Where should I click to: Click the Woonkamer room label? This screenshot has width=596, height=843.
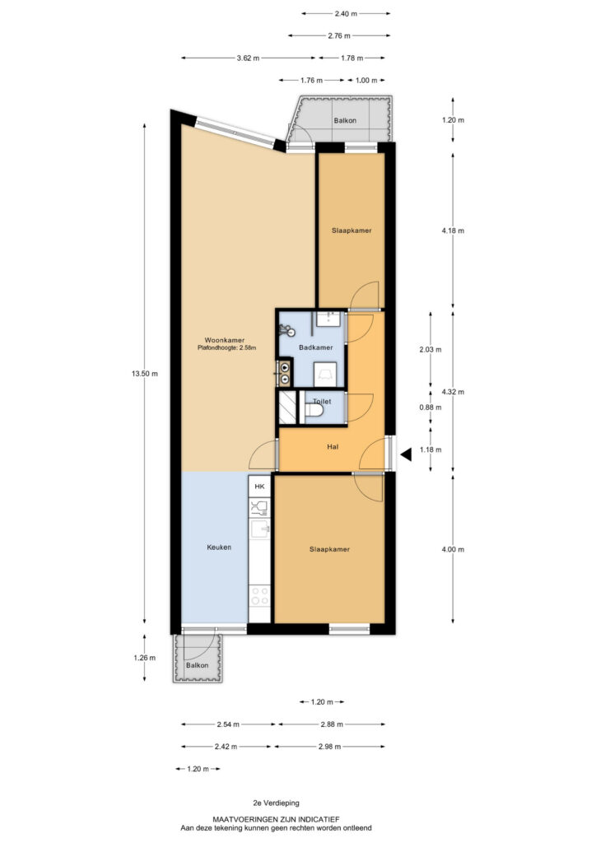coord(225,340)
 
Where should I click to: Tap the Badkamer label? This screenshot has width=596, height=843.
coord(316,348)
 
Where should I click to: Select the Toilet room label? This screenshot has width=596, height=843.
coord(322,402)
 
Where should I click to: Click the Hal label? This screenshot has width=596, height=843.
coord(333,447)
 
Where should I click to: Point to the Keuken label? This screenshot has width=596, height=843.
coord(219,547)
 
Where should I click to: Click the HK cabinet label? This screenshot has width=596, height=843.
coord(259,487)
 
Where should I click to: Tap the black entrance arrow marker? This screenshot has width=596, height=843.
coord(406,454)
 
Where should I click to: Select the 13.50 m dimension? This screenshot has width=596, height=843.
coord(145,374)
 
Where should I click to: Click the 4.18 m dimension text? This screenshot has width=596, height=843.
coord(453,231)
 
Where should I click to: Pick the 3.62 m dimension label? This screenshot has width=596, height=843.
coord(248,58)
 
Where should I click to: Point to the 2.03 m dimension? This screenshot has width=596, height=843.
coord(431,349)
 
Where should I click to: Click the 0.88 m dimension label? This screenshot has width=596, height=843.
coord(431,408)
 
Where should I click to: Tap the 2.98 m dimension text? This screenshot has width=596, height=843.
coord(330,747)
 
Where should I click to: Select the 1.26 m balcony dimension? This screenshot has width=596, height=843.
coord(145,658)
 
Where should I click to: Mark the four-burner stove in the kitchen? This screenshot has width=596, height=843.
coord(259,596)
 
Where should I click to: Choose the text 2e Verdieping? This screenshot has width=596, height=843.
coord(277,803)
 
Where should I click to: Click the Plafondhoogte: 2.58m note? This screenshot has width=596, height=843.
coord(226,348)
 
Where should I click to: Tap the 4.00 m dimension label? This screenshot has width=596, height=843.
coord(453,549)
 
